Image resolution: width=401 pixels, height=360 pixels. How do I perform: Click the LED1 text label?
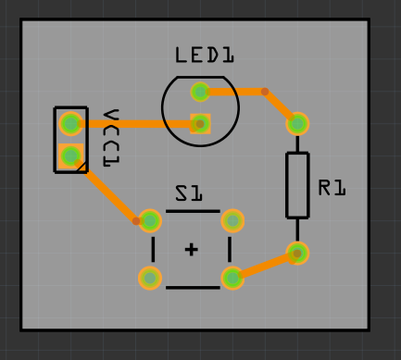click(x=205, y=56)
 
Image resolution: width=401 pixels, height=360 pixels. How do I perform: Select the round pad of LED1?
click(x=200, y=91)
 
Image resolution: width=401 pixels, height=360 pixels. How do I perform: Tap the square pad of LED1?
click(x=200, y=124)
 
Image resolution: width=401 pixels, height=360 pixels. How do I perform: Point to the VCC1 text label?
click(x=111, y=138)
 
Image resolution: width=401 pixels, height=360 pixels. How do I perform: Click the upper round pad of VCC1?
click(x=70, y=122)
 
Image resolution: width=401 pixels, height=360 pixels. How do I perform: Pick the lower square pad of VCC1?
click(x=70, y=155)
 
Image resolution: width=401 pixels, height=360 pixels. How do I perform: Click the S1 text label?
click(x=189, y=193)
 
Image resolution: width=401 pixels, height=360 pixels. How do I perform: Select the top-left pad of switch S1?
click(x=150, y=220)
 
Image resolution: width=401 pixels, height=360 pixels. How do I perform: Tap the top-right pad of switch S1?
click(x=232, y=220)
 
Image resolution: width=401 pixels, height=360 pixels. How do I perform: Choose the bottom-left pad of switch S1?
click(x=150, y=278)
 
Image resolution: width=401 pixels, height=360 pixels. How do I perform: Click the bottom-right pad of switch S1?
click(x=232, y=278)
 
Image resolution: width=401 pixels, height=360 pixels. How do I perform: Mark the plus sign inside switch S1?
click(x=192, y=249)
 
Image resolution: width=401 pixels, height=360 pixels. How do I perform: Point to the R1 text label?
click(x=332, y=188)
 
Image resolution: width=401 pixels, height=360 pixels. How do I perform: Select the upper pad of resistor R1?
click(x=297, y=123)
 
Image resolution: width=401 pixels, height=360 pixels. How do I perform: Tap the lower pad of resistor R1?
click(x=297, y=253)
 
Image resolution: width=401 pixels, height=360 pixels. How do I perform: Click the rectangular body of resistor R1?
click(x=297, y=185)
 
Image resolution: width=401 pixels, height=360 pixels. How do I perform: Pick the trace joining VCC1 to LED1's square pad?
click(x=139, y=123)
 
